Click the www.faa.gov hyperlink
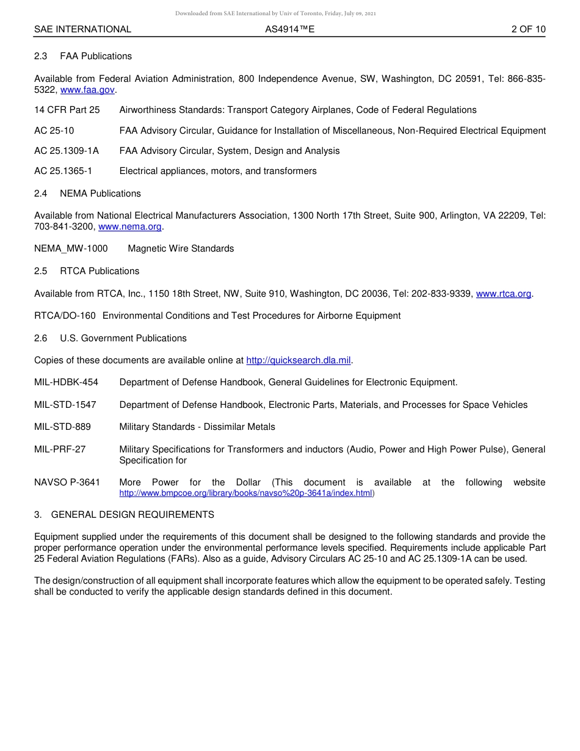click(x=87, y=90)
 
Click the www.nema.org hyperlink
click(x=129, y=227)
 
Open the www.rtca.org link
click(x=503, y=294)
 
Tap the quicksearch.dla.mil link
click(x=298, y=360)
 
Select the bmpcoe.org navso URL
click(x=245, y=493)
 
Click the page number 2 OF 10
click(x=528, y=29)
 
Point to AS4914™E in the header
click(x=289, y=29)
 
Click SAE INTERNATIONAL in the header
click(x=82, y=29)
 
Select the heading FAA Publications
click(x=95, y=56)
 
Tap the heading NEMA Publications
click(x=100, y=194)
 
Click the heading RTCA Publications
click(x=99, y=271)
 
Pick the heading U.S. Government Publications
click(x=123, y=338)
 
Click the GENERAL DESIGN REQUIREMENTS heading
click(x=132, y=515)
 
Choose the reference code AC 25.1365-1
click(x=63, y=171)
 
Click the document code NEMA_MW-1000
click(x=71, y=249)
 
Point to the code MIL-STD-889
click(x=62, y=427)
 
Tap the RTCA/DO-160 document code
click(x=65, y=316)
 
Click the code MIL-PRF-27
click(x=60, y=449)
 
